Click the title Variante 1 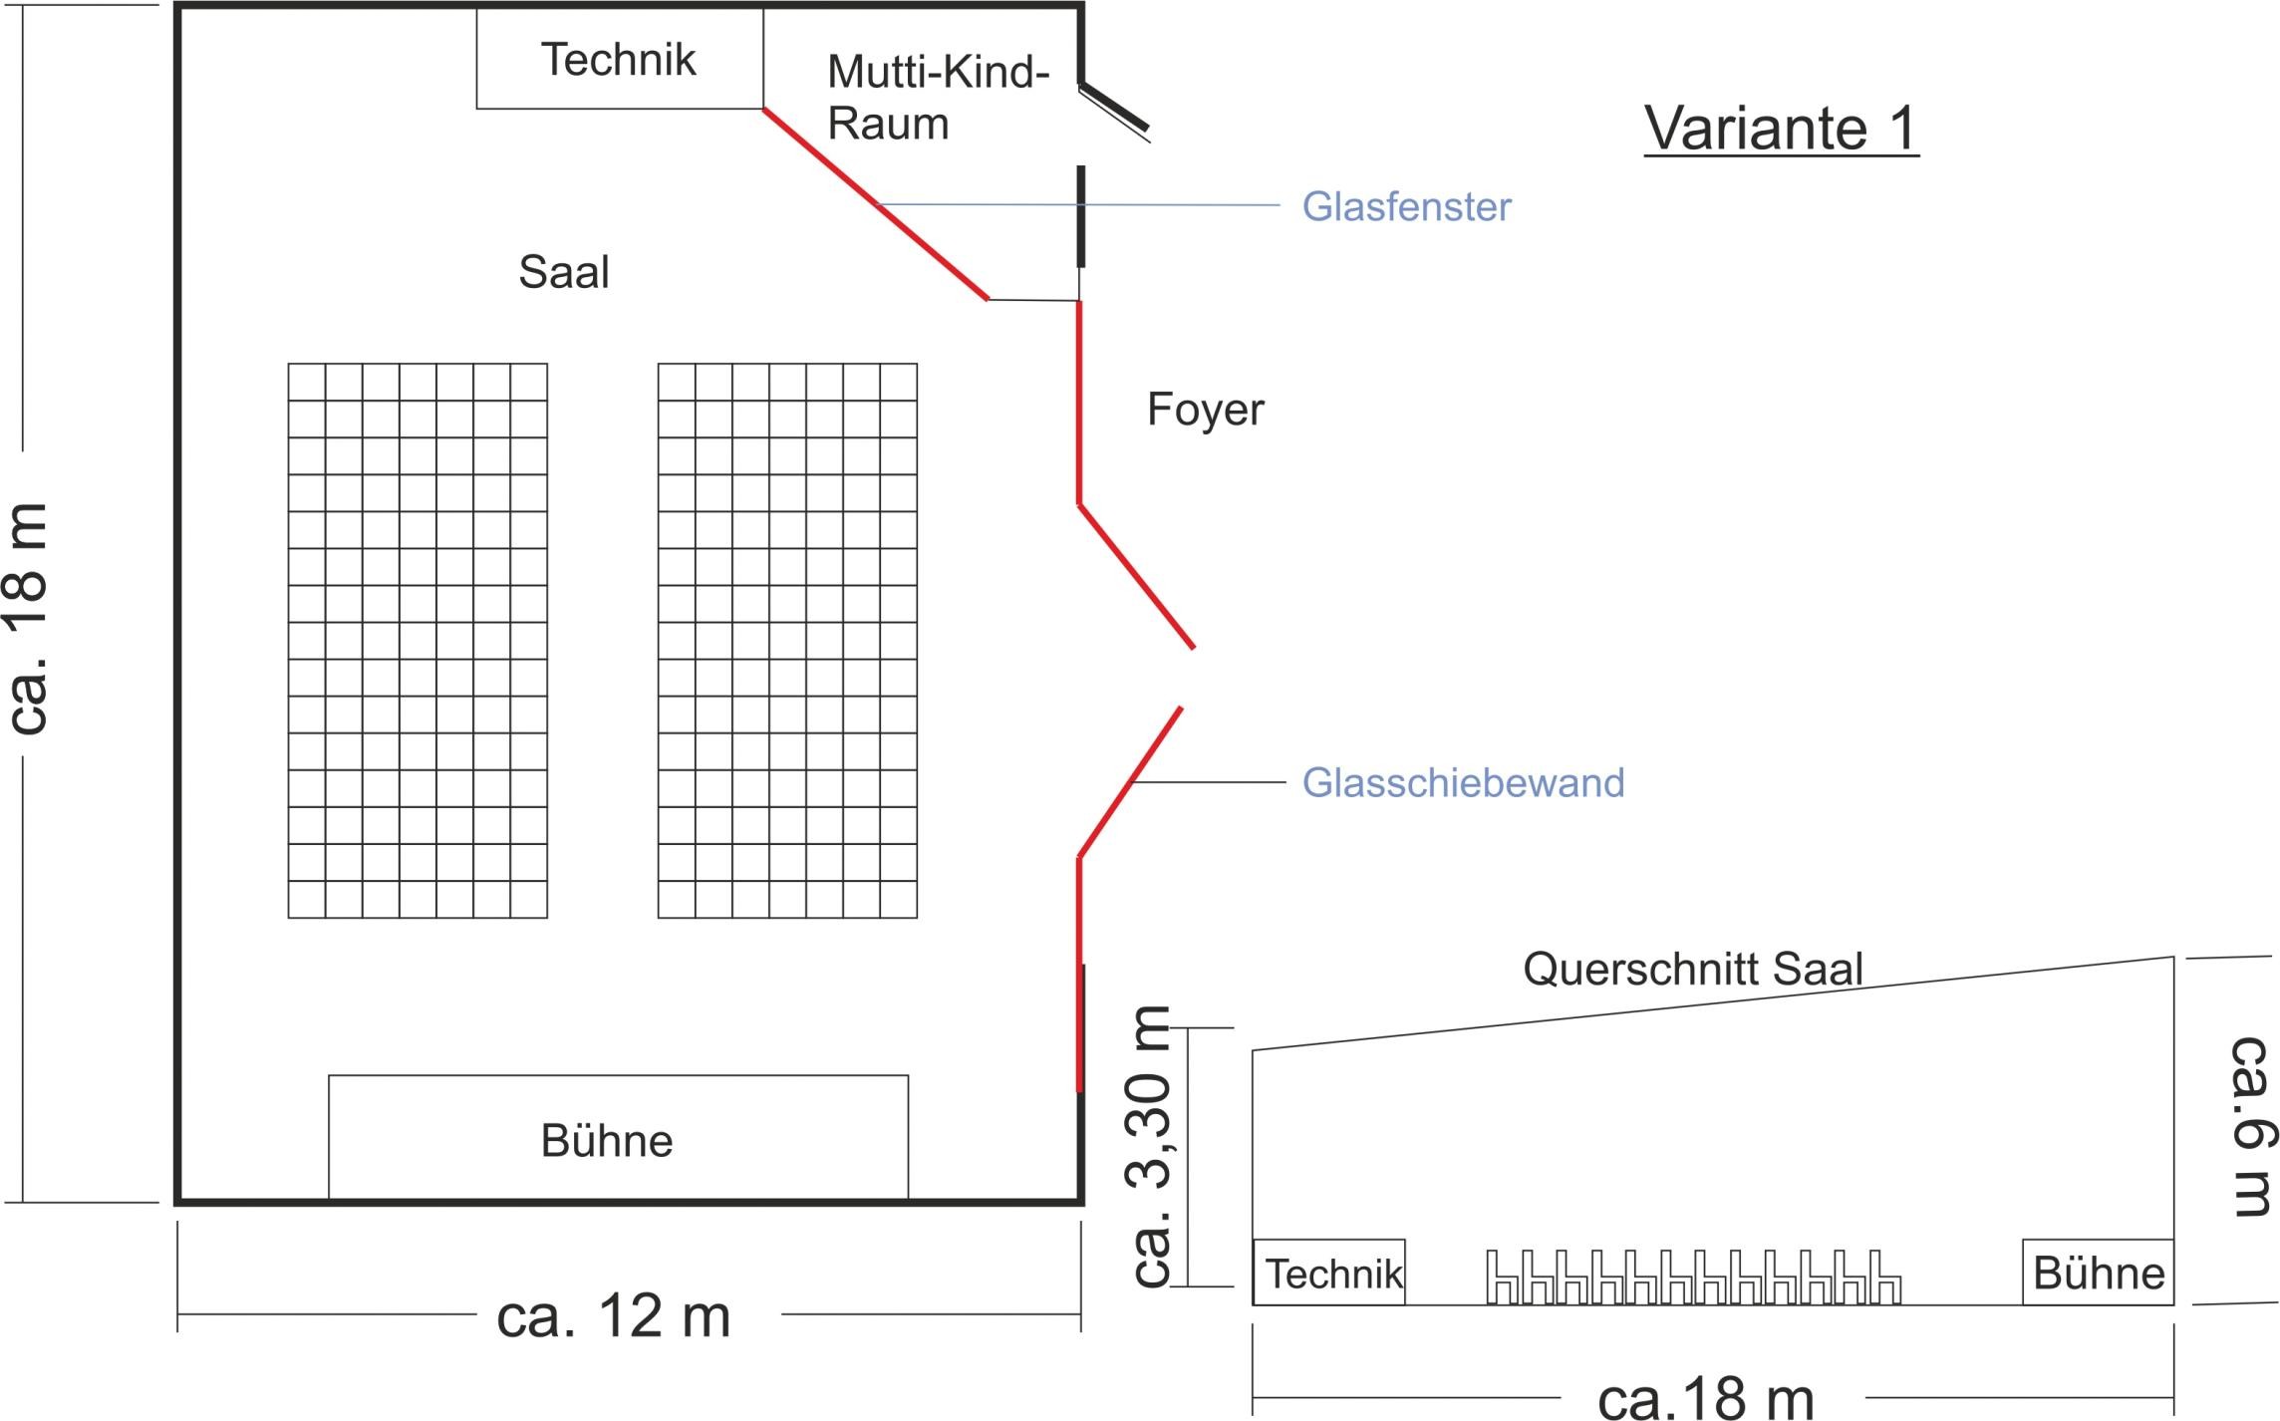[x=1781, y=129]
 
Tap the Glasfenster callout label [x=1406, y=207]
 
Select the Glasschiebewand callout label [x=1463, y=783]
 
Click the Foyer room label [x=1205, y=410]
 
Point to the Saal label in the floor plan [x=563, y=272]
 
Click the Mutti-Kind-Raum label [x=937, y=98]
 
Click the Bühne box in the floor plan [x=618, y=1138]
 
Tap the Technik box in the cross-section [x=1328, y=1273]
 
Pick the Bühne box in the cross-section [x=2098, y=1273]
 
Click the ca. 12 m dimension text [x=614, y=1316]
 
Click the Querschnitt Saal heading [x=1692, y=969]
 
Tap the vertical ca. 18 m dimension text [x=28, y=618]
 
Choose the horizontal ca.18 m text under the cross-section [x=1705, y=1398]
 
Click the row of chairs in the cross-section [x=1693, y=1278]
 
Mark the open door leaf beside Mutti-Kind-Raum [x=1115, y=108]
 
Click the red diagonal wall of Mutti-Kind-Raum [x=875, y=203]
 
